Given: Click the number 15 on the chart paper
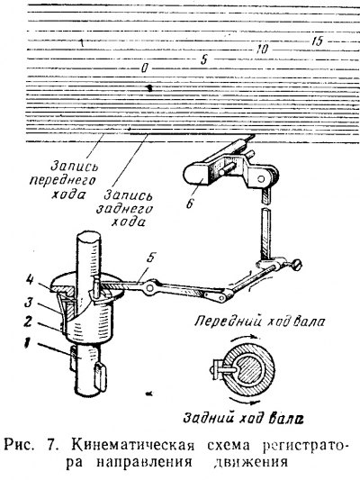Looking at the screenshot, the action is click(x=317, y=41).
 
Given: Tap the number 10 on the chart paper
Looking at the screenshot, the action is click(x=262, y=49).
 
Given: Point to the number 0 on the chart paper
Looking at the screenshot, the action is click(x=144, y=68).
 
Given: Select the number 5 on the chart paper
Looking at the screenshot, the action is click(x=203, y=59).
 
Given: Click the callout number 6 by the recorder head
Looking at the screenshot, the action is click(x=190, y=204).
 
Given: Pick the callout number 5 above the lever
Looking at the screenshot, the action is click(x=150, y=258).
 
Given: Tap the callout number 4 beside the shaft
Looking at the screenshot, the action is click(x=30, y=281).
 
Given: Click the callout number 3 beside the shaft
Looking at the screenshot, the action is click(x=29, y=303).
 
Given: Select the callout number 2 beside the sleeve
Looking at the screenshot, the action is click(x=28, y=322).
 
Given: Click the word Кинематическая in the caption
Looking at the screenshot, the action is click(x=133, y=446).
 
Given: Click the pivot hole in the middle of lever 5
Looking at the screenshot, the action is click(x=150, y=288).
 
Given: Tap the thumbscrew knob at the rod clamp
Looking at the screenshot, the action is click(x=296, y=263).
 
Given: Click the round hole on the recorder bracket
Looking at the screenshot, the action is click(x=261, y=178).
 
